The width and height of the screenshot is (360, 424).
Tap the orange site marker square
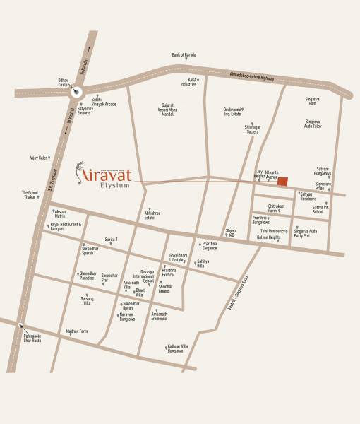click(x=282, y=182)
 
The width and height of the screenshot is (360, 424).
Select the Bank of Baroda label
click(x=184, y=54)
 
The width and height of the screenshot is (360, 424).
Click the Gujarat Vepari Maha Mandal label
click(x=167, y=110)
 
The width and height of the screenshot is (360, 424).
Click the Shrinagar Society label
click(x=252, y=130)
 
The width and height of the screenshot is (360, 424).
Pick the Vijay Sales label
click(x=39, y=158)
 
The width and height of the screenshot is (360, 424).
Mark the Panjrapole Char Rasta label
click(x=32, y=336)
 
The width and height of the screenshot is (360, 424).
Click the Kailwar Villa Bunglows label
click(x=176, y=348)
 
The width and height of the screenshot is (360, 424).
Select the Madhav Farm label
click(x=77, y=331)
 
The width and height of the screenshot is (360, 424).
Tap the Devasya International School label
click(x=148, y=276)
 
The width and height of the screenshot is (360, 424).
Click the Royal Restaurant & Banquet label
click(x=66, y=226)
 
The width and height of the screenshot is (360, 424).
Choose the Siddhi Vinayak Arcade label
click(x=103, y=102)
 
